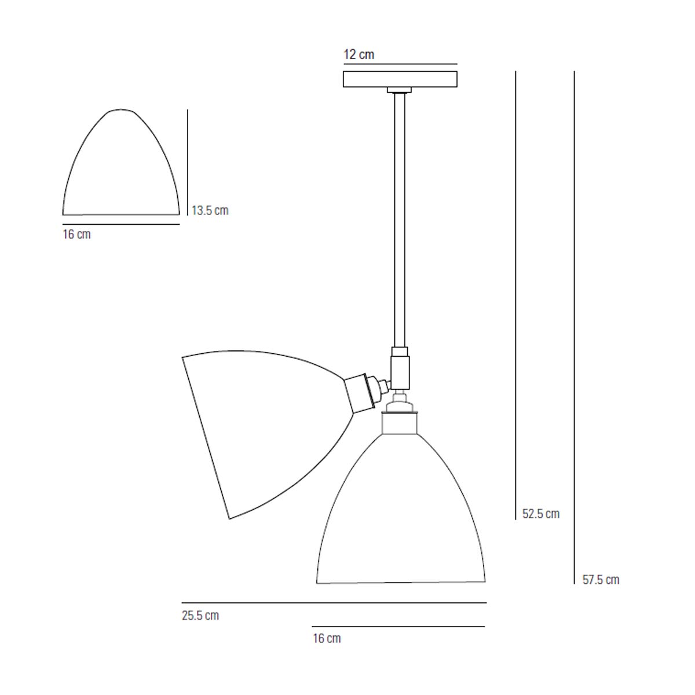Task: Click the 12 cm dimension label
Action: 359,55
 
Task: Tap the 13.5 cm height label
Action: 210,210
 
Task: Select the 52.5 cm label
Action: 540,514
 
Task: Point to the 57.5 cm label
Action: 601,580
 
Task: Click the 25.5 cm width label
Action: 200,616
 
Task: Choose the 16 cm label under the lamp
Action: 327,639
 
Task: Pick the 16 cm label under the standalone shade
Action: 76,235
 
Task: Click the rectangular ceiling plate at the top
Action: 400,79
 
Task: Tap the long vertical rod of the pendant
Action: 400,220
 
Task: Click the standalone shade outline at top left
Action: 120,168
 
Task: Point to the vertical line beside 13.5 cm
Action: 188,162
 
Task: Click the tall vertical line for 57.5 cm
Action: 574,324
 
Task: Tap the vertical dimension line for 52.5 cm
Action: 515,290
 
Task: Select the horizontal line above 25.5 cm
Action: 334,603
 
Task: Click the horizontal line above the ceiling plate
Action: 400,64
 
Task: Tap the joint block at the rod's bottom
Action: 400,371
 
